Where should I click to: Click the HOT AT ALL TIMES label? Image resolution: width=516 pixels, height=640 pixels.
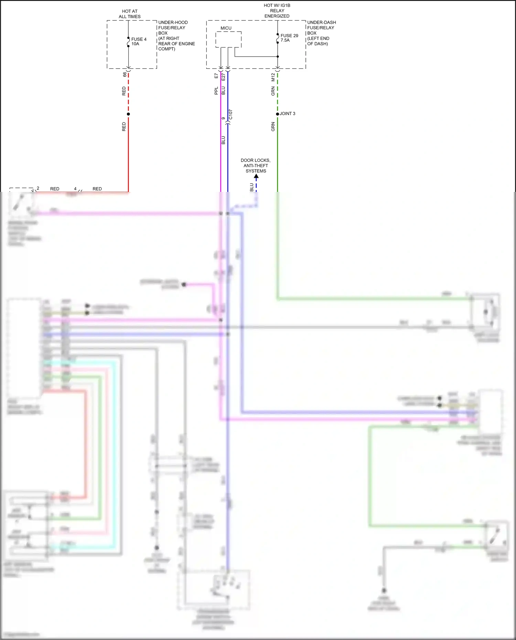pyautogui.click(x=130, y=14)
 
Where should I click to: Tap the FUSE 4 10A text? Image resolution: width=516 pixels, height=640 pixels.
pyautogui.click(x=139, y=41)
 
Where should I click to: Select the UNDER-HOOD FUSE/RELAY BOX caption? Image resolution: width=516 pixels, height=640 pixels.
pyautogui.click(x=176, y=35)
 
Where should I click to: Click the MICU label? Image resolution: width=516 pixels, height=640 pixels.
pyautogui.click(x=226, y=28)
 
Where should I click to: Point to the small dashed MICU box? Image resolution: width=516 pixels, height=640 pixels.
pyautogui.click(x=228, y=40)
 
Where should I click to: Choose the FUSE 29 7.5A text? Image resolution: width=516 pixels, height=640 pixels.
pyautogui.click(x=289, y=38)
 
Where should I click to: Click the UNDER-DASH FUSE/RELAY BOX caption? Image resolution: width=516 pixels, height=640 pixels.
pyautogui.click(x=321, y=33)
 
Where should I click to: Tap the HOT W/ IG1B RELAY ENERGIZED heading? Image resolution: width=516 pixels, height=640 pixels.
pyautogui.click(x=277, y=11)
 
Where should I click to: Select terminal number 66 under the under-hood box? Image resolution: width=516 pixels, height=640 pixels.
pyautogui.click(x=125, y=74)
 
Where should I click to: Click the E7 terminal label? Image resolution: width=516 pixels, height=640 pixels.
pyautogui.click(x=216, y=76)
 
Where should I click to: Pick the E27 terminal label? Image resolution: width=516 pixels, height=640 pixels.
pyautogui.click(x=223, y=77)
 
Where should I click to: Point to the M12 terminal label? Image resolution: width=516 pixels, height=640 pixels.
pyautogui.click(x=273, y=77)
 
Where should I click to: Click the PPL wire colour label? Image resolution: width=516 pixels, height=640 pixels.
pyautogui.click(x=216, y=91)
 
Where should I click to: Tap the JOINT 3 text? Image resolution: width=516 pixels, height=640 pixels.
pyautogui.click(x=287, y=113)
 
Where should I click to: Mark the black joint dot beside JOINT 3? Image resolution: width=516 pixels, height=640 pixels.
pyautogui.click(x=278, y=114)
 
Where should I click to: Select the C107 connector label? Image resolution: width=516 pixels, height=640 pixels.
pyautogui.click(x=230, y=115)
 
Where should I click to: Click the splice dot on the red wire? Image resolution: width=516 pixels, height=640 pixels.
pyautogui.click(x=128, y=114)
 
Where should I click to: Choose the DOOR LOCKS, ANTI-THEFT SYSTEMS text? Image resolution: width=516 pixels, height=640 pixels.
pyautogui.click(x=256, y=165)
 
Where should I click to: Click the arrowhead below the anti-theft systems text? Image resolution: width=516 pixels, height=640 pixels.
pyautogui.click(x=256, y=176)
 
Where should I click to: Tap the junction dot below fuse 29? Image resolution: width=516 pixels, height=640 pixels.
pyautogui.click(x=278, y=56)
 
